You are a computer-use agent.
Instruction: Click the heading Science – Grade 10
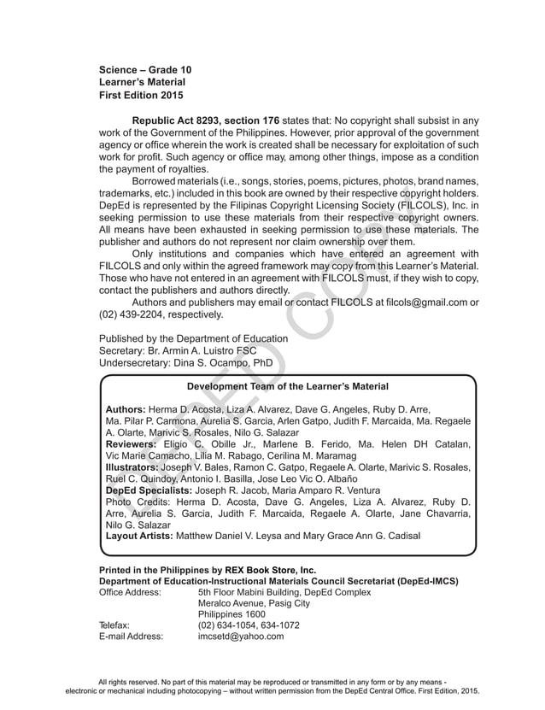click(x=145, y=68)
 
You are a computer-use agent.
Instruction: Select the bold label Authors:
click(x=125, y=410)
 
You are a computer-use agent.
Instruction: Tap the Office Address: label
click(x=130, y=591)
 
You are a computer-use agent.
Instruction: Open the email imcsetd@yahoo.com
click(x=240, y=636)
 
